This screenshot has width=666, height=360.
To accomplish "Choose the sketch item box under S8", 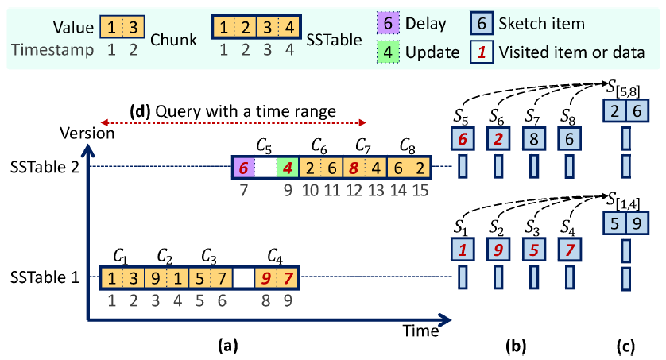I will tap(566, 139).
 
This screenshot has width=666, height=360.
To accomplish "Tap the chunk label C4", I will tap(276, 256).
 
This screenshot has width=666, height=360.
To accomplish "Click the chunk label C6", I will tap(319, 146).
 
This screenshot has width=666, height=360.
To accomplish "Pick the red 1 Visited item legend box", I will tap(481, 53).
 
